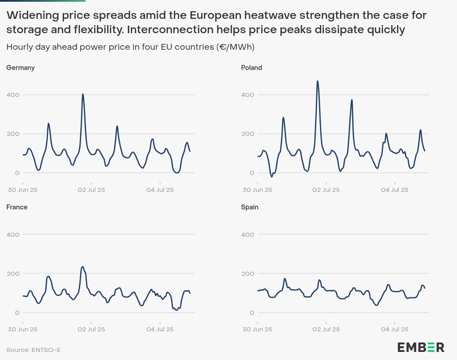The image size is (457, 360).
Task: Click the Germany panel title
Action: pos(20,68)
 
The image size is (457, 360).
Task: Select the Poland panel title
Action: pos(251,68)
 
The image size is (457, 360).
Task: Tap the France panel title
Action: pos(17,207)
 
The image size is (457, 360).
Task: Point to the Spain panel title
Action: pos(250,207)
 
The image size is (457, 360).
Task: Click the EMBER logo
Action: pos(421,347)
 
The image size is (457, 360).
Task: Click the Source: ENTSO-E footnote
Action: pos(33,350)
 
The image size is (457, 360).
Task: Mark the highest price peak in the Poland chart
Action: pos(318,82)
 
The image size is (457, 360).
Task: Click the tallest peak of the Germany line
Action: pos(83,94)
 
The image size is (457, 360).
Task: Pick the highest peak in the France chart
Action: pos(82,267)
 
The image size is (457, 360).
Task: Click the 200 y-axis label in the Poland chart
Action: pos(248,134)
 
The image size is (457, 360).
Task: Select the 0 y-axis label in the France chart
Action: pos(17,312)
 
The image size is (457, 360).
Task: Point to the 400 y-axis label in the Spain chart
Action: pos(248,234)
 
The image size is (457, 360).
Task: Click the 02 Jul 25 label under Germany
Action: pos(91,190)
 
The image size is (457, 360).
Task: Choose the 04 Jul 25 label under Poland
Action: pos(395,190)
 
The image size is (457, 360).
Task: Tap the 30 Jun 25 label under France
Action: pos(23,329)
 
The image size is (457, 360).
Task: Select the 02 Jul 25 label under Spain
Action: pos(326,329)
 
